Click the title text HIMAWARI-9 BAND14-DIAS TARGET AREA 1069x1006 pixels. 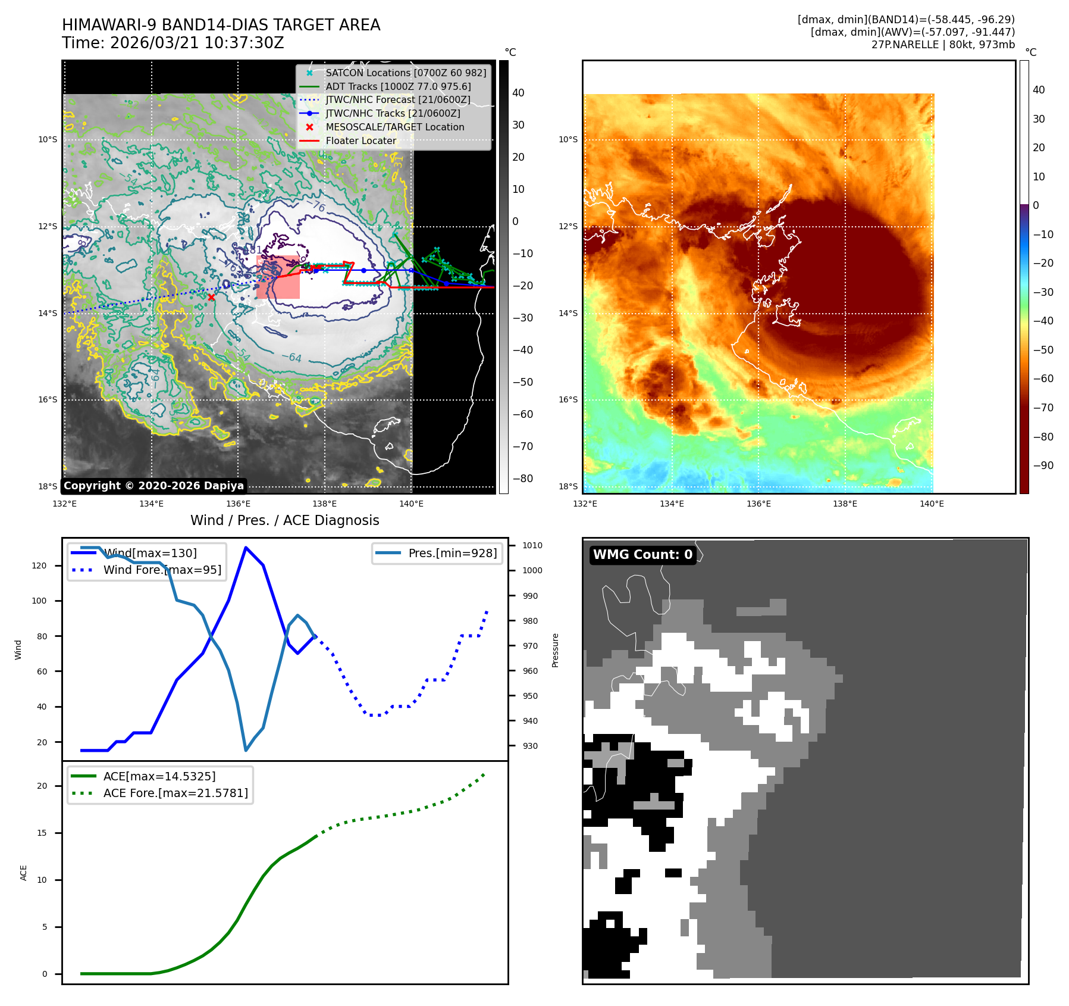[221, 25]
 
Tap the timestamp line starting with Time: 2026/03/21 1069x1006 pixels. [173, 43]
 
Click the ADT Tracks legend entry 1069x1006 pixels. [398, 86]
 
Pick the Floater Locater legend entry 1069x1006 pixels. [360, 140]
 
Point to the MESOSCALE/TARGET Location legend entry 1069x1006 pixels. [394, 127]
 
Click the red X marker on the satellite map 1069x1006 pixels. [211, 297]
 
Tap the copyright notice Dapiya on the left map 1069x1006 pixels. [153, 486]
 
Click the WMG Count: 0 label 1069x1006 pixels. [642, 554]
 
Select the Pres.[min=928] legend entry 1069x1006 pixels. [452, 553]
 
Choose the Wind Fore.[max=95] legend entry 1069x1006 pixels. [162, 570]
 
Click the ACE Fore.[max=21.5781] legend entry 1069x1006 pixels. [175, 793]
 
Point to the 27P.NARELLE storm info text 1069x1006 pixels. [943, 45]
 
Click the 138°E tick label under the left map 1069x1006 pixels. [325, 504]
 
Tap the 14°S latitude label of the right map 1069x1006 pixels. [568, 313]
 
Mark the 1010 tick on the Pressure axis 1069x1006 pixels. [532, 545]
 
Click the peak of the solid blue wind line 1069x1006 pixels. [246, 548]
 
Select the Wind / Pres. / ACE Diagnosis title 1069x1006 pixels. [284, 520]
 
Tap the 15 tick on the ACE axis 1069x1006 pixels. [42, 833]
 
